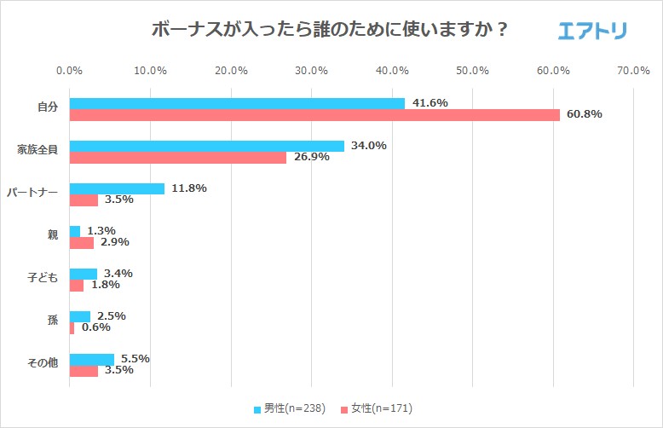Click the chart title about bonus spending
tap(331, 29)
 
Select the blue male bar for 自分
tap(237, 103)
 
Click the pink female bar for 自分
tap(314, 114)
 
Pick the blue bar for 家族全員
tap(206, 146)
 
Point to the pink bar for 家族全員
tap(177, 157)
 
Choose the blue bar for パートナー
tap(117, 188)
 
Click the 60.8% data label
tap(585, 114)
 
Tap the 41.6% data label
tap(430, 103)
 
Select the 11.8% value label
tap(188, 188)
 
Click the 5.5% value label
tap(137, 359)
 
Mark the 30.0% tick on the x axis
tap(312, 70)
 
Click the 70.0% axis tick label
tap(634, 70)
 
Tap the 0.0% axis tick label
tap(69, 70)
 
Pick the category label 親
tap(52, 235)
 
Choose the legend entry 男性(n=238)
tap(290, 408)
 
